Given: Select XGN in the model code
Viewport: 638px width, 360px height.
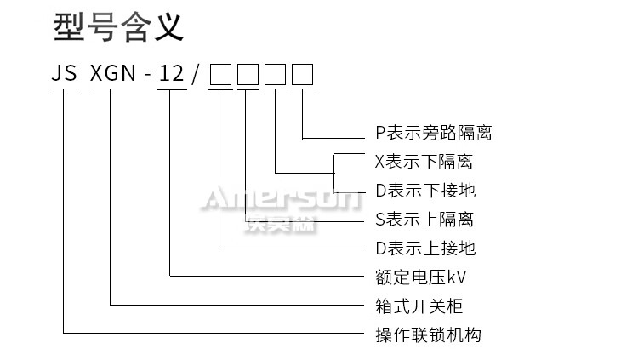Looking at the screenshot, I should (113, 75).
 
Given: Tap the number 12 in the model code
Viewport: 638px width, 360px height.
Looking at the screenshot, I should (171, 75).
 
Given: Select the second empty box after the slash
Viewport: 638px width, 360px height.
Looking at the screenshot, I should (248, 76).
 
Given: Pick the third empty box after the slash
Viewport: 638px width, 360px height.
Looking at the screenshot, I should (276, 76).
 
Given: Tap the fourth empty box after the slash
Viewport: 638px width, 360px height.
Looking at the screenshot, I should (303, 76).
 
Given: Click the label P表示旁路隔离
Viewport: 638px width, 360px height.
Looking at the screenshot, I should (434, 133).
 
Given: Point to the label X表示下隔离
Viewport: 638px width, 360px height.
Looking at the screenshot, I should (424, 162).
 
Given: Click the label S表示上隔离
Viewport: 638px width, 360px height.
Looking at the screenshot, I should (424, 220).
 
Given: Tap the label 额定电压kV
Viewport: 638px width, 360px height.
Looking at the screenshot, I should (421, 277).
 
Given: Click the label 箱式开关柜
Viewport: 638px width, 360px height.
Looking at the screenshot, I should (419, 306).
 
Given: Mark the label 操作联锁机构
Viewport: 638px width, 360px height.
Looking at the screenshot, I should (429, 335).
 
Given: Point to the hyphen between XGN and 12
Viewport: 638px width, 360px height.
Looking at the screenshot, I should (148, 76).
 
